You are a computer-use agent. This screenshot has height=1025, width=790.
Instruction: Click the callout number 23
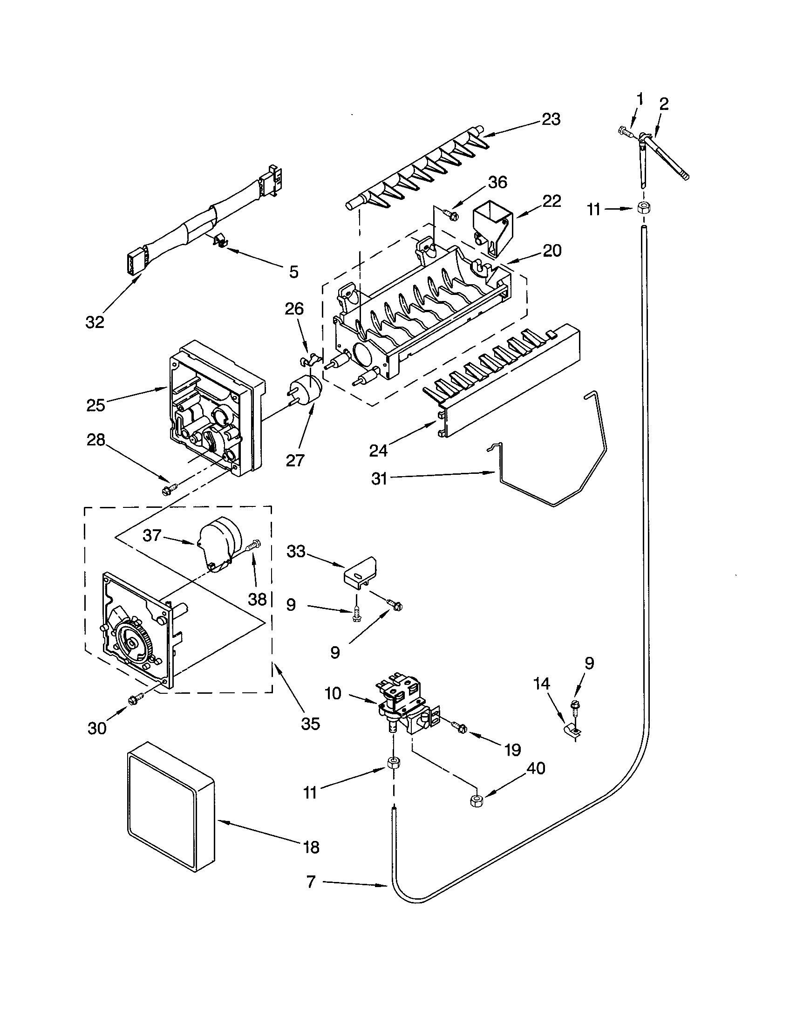pos(551,119)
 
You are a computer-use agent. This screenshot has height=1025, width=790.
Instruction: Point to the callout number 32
pos(95,322)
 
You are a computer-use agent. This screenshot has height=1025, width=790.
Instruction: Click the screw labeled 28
pos(168,490)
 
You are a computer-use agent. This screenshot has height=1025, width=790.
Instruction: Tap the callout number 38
pos(258,599)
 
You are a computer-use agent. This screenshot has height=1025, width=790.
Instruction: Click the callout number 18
pos(312,847)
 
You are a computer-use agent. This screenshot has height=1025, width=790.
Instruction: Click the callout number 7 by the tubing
pos(311,882)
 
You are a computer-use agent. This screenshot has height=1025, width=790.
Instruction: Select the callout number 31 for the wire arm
pos(379,478)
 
